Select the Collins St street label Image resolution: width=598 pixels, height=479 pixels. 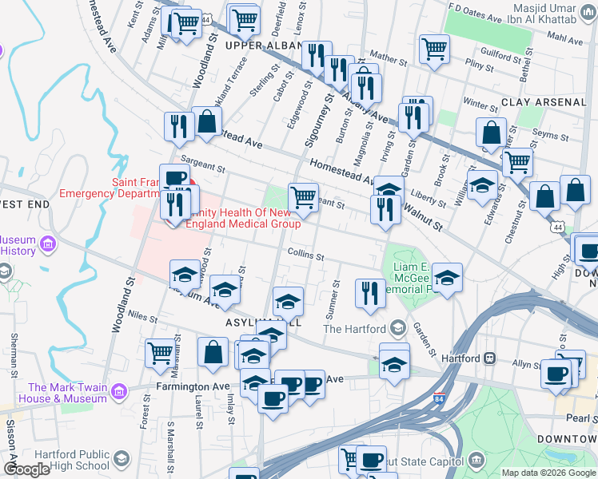[x=306, y=257]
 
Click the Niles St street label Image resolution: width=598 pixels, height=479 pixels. [x=142, y=318]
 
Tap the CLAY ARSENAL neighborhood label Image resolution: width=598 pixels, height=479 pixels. [x=544, y=102]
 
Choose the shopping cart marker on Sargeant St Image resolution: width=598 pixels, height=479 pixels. [x=303, y=197]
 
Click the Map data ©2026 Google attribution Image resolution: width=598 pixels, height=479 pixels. [x=548, y=473]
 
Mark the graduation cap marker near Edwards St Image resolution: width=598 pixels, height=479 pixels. [x=482, y=186]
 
